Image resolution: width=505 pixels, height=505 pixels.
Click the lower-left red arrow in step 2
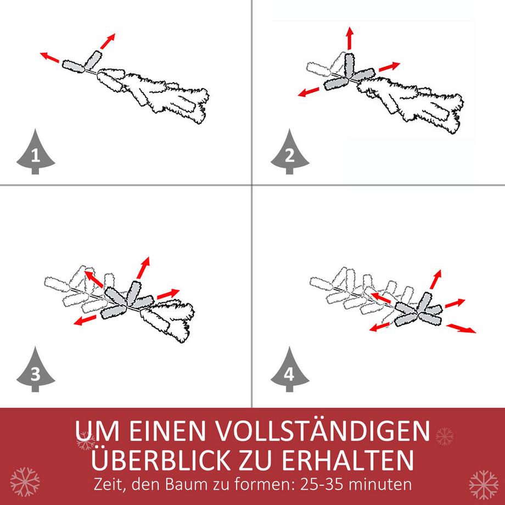309,91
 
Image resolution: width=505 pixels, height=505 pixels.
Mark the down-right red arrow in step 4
461,328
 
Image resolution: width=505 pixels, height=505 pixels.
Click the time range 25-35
321,485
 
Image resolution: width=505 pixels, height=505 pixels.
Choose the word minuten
385,485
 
